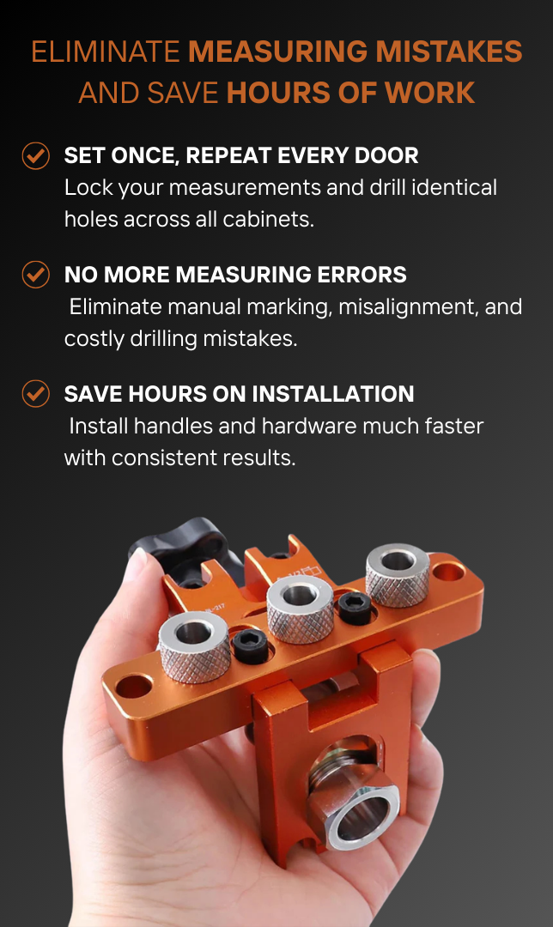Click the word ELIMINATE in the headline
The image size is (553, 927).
coord(106,51)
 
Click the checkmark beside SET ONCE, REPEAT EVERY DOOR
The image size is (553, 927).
coord(35,155)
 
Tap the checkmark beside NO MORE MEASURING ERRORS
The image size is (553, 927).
coord(35,275)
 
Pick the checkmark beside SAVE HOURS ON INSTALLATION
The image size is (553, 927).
coord(35,394)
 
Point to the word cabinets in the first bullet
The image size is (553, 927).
coord(269,220)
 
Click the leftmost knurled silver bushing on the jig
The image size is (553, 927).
coord(194,646)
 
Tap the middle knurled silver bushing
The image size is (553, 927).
coord(301,609)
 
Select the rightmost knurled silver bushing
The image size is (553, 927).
coord(398,574)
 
